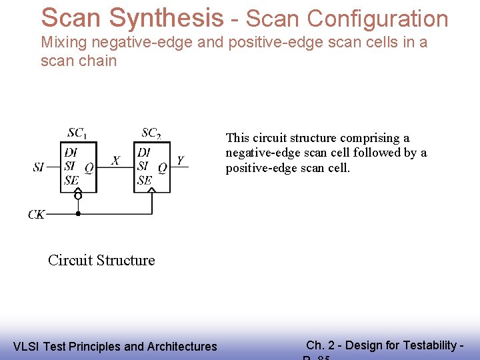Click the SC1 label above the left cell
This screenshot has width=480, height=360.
77,133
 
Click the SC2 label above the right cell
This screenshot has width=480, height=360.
151,133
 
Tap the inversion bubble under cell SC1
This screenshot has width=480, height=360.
78,195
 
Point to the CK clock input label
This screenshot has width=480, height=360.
37,215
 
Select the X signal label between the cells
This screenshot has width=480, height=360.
115,160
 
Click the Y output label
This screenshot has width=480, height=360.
180,160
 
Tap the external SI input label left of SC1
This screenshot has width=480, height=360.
39,167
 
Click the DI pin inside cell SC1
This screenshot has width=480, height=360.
71,153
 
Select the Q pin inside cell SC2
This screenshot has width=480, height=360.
162,168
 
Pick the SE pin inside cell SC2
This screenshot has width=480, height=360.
144,180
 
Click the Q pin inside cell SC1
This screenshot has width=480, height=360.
89,168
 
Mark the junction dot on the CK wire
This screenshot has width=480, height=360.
78,214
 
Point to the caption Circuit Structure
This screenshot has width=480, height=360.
101,260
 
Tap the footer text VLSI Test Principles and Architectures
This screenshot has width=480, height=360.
115,346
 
